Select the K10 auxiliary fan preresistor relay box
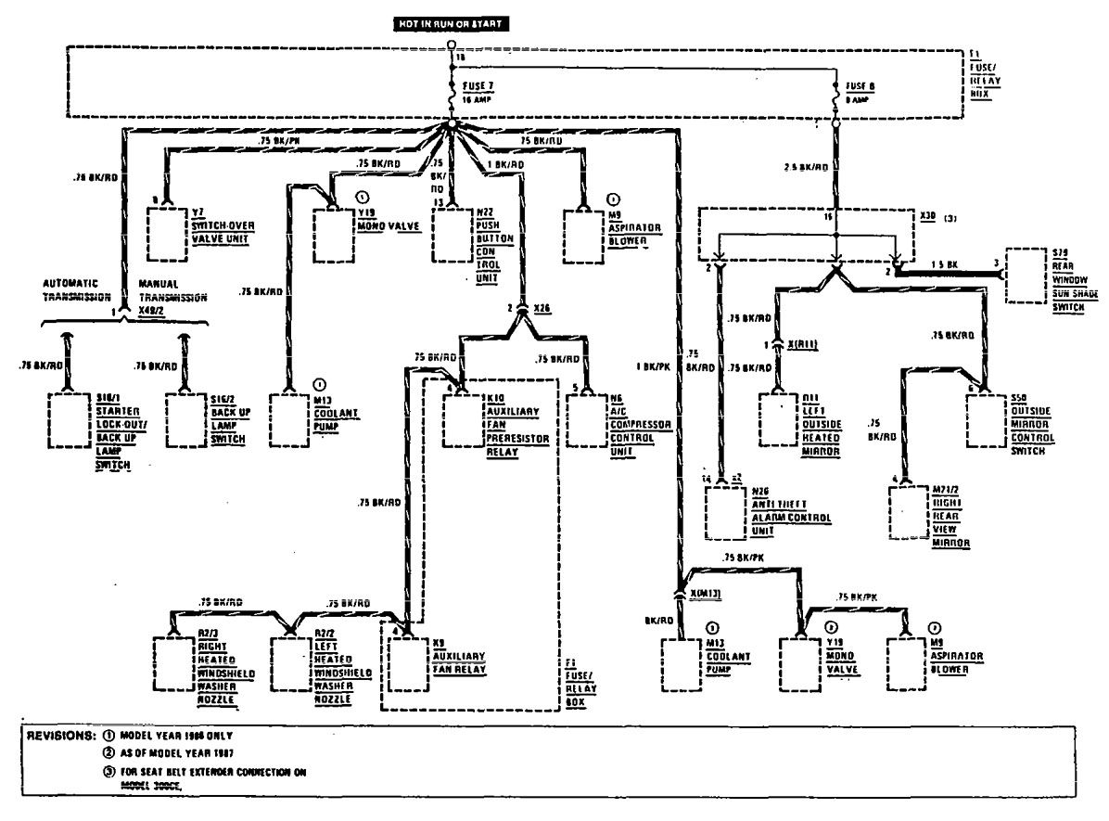click(x=464, y=422)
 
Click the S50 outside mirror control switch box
click(x=989, y=422)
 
